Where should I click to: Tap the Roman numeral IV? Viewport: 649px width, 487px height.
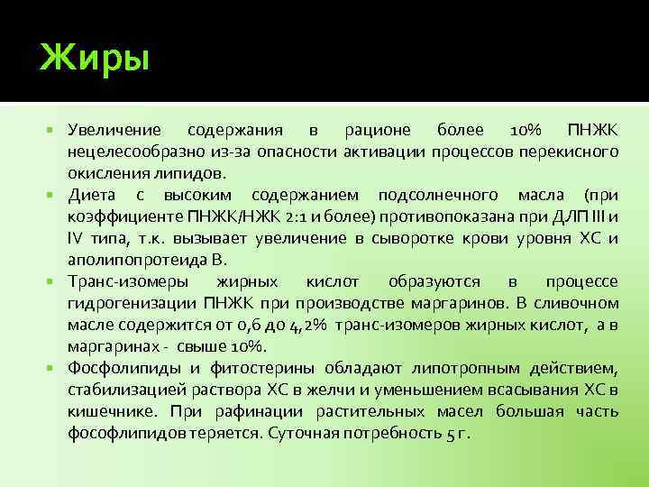click(x=77, y=238)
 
